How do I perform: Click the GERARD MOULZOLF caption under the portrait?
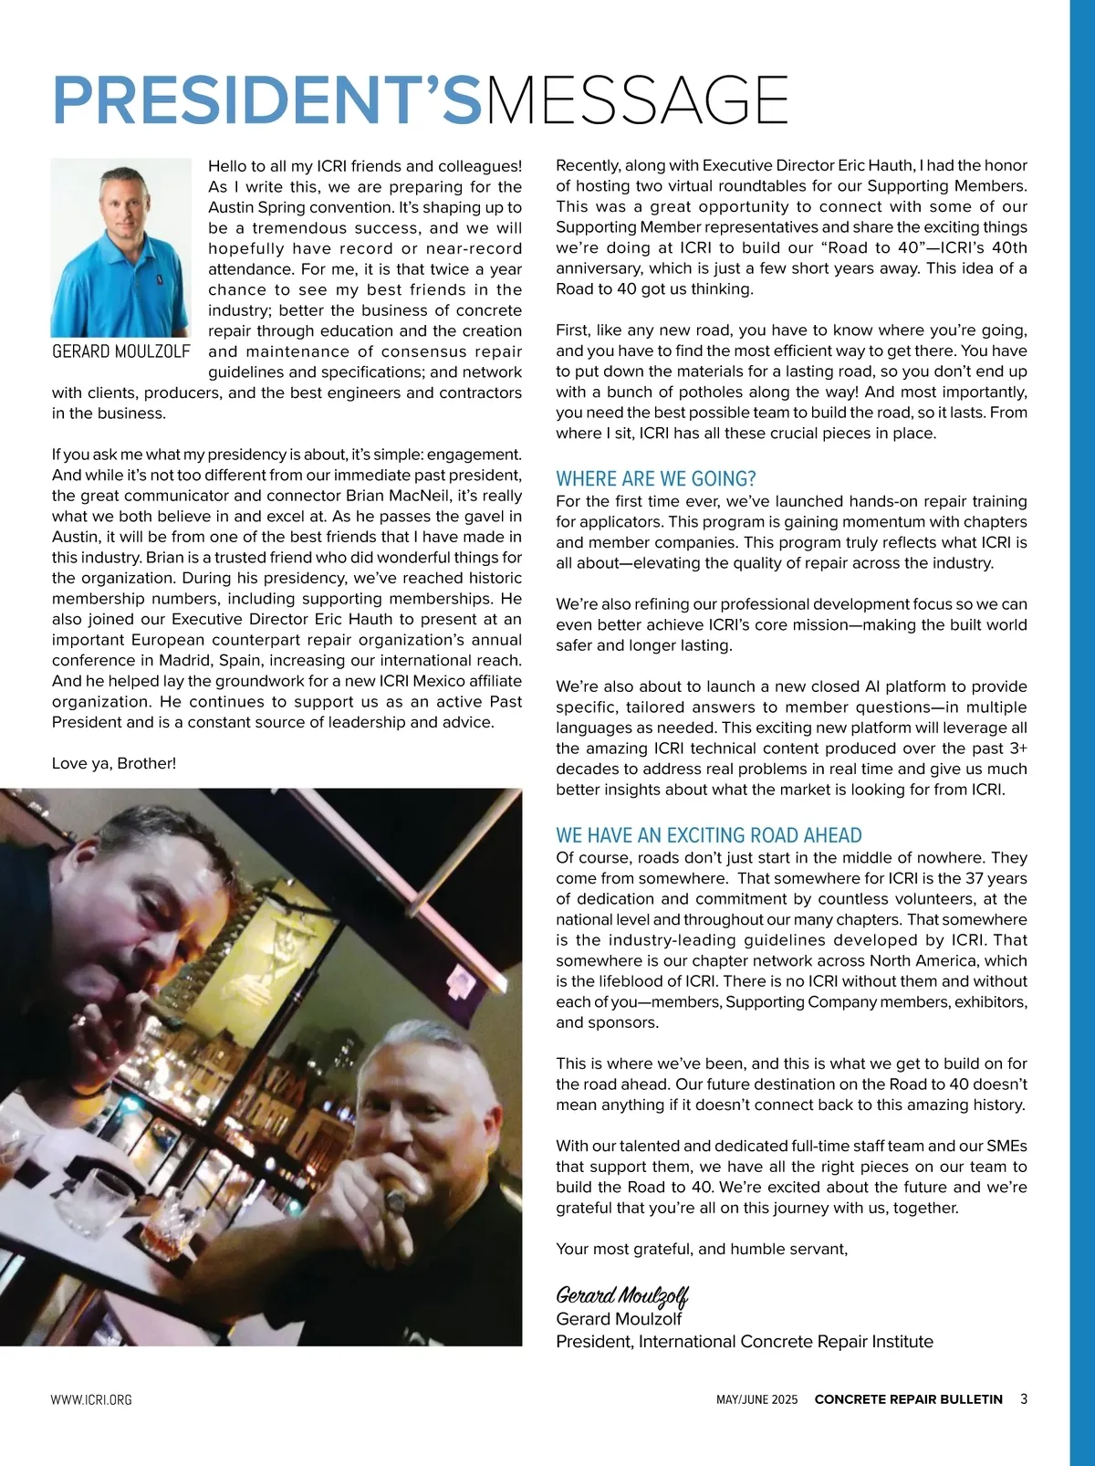pos(121,351)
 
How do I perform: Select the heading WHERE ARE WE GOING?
pos(656,479)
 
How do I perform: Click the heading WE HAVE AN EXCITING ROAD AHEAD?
pos(708,835)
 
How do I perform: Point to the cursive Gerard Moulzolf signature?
pos(621,1295)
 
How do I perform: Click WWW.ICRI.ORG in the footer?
pos(91,1399)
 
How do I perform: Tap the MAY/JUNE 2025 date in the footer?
pos(756,1399)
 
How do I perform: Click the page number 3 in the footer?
pos(1024,1398)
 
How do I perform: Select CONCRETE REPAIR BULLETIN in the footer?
pos(908,1399)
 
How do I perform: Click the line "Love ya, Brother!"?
pos(114,763)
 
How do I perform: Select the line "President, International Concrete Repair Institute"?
pos(745,1342)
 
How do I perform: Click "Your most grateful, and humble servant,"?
pos(702,1249)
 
